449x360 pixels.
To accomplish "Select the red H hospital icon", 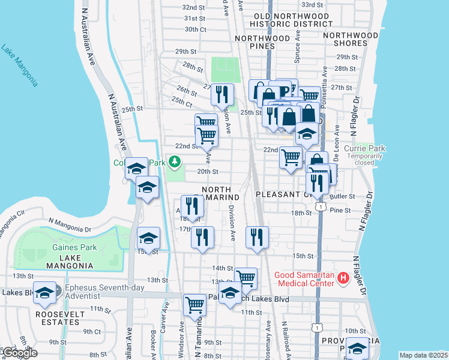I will (x=343, y=277).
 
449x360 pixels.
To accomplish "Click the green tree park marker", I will (x=175, y=161).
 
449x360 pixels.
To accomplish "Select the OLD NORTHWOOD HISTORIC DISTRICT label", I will (x=283, y=20).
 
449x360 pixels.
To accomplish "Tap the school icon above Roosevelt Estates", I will (x=44, y=293).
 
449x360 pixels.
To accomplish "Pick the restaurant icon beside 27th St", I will (x=223, y=93).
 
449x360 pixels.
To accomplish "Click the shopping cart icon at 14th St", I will (x=246, y=278).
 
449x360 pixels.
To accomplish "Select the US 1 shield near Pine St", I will (x=322, y=207).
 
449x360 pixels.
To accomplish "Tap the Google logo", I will (x=19, y=352).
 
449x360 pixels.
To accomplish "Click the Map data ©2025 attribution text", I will (x=423, y=355).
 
